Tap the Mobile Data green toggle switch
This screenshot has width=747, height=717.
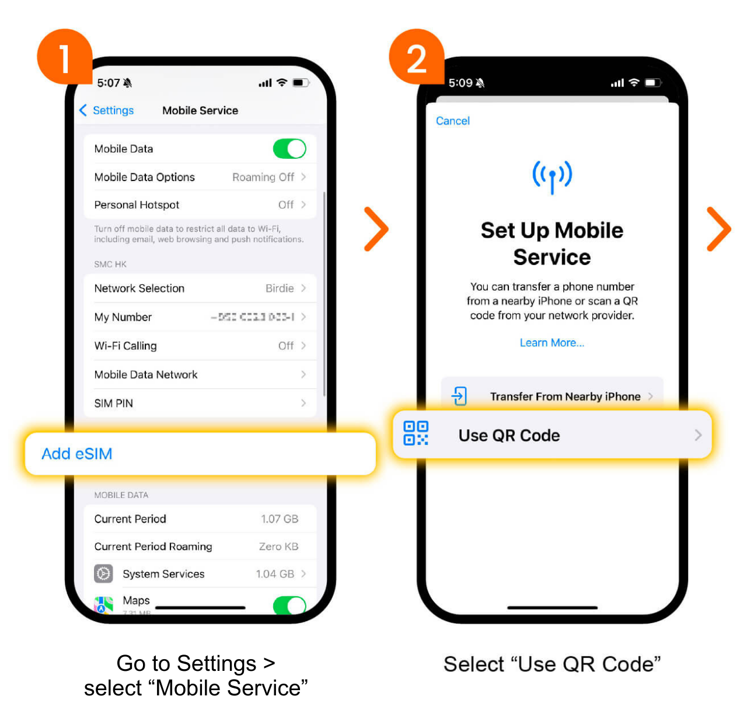click(x=289, y=149)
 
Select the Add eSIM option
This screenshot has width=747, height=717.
click(x=77, y=454)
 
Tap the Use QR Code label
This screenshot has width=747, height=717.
click(x=509, y=436)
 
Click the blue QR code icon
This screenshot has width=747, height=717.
click(x=416, y=433)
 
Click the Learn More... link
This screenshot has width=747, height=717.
click(x=551, y=343)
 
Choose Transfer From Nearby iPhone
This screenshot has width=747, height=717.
click(x=564, y=396)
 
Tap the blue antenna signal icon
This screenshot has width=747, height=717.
click(x=552, y=176)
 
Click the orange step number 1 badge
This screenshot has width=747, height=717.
click(x=64, y=57)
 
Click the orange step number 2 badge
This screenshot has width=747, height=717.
click(x=416, y=57)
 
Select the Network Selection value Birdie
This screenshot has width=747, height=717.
click(x=280, y=288)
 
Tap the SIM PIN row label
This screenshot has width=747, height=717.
click(x=114, y=403)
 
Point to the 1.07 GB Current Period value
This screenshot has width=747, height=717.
click(x=280, y=519)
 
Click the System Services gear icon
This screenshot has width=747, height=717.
click(x=104, y=574)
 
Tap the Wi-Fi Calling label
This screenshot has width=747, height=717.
click(x=125, y=346)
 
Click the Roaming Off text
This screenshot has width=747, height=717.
click(x=263, y=177)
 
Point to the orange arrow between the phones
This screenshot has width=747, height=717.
click(x=376, y=229)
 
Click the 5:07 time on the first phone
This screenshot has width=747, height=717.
click(x=109, y=83)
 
